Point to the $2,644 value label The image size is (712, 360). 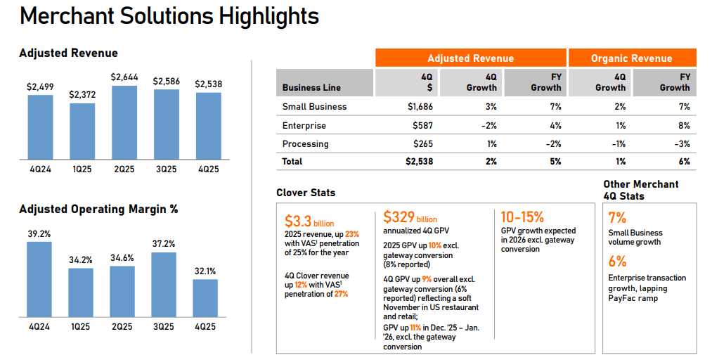point(124,77)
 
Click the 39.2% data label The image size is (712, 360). point(39,233)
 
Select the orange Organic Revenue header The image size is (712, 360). point(631,58)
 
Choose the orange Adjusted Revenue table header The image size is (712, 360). point(470,58)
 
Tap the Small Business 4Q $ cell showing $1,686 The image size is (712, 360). point(420,107)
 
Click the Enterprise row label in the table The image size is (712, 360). point(304,125)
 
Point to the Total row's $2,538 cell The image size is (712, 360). point(419,162)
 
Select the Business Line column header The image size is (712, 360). point(311,88)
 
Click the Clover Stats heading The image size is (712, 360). point(306,193)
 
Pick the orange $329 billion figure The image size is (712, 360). point(410,217)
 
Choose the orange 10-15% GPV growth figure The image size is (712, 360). point(522,217)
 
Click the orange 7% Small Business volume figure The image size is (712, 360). point(617,218)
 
